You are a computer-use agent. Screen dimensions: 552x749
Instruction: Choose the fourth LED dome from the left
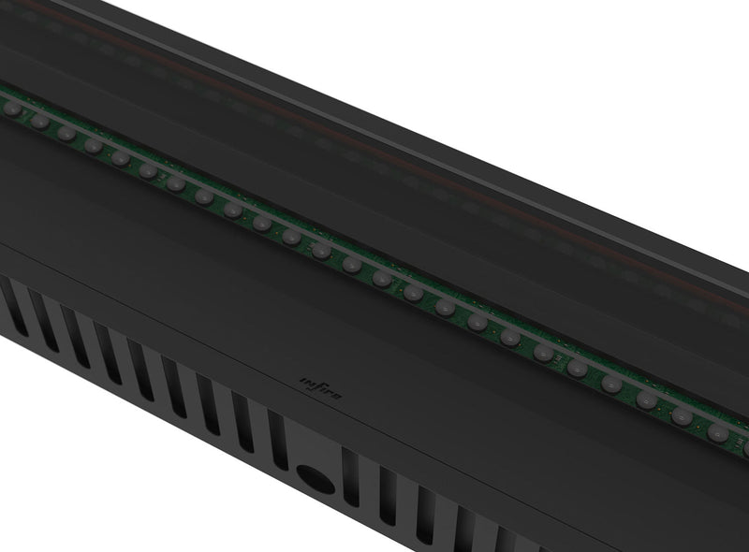point(94,146)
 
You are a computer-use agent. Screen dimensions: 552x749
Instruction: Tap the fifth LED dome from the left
point(121,158)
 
